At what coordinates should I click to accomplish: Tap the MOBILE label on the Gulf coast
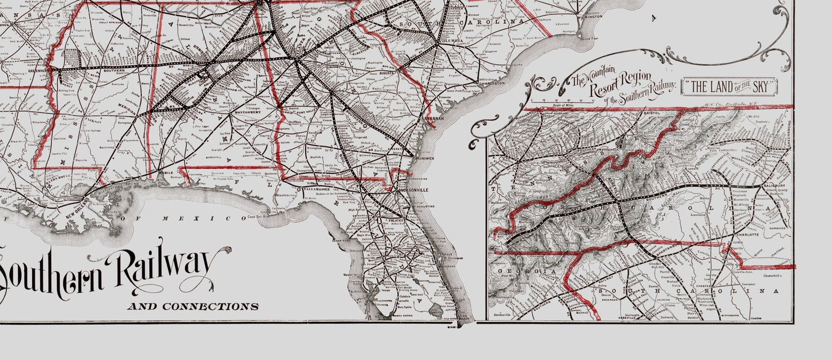pyautogui.click(x=165, y=172)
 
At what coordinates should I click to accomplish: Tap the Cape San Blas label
pyautogui.click(x=259, y=217)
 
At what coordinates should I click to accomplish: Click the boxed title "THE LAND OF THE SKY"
pyautogui.click(x=729, y=87)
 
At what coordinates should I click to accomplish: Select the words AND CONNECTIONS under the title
pyautogui.click(x=192, y=306)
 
